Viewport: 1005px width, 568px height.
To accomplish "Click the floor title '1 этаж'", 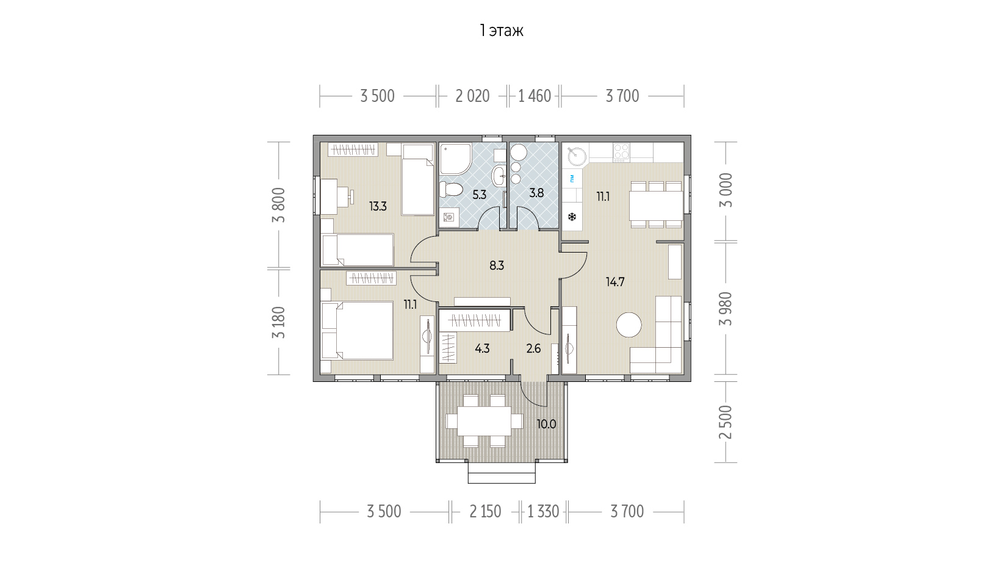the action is pos(501,31).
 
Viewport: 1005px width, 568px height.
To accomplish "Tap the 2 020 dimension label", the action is pos(472,96).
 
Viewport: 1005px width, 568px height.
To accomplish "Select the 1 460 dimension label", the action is pos(535,96).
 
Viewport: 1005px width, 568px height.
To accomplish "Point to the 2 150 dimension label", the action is pos(485,511).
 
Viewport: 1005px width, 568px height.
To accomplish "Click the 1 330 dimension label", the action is pos(543,511).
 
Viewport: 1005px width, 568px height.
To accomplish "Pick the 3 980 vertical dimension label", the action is pos(726,309).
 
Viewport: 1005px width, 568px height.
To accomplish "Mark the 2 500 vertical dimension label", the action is pos(726,422).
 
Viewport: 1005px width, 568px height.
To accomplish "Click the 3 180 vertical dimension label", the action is pos(279,322).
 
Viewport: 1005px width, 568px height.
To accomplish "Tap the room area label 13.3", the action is pos(378,206).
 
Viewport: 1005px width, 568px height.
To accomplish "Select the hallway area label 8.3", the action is pos(497,265).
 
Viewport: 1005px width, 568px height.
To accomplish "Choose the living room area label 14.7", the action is pos(615,282).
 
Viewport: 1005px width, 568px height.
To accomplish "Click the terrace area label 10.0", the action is pos(547,424).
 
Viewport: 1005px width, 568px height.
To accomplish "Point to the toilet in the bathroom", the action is pos(450,189).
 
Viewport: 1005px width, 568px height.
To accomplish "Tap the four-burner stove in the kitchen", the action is pos(621,153).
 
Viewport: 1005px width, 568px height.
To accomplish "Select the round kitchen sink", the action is pos(577,157).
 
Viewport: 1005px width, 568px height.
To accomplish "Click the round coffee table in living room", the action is pos(629,325).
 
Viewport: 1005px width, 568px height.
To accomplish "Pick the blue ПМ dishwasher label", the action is pos(572,179).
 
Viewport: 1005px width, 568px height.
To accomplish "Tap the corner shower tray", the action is pos(455,159).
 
